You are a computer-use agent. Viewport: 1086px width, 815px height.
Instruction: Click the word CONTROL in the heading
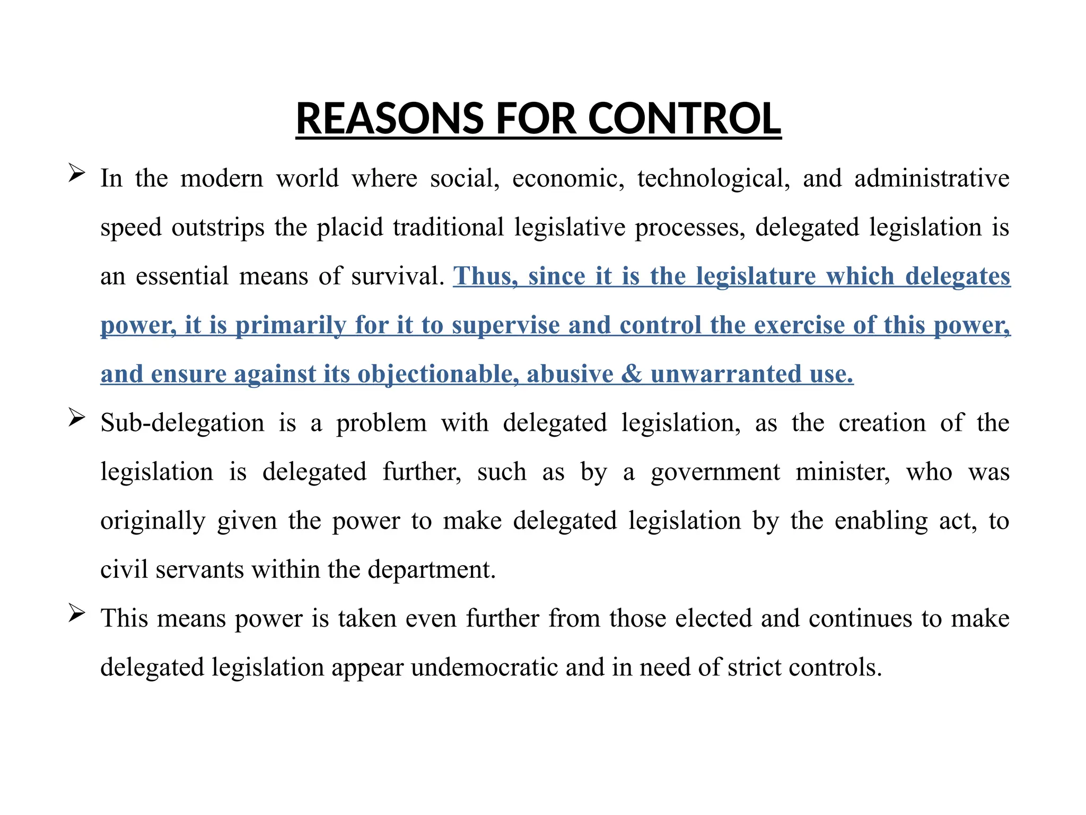[x=684, y=118]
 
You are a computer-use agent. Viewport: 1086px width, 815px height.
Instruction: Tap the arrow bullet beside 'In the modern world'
[x=77, y=174]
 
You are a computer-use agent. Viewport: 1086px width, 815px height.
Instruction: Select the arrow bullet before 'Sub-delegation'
[x=77, y=418]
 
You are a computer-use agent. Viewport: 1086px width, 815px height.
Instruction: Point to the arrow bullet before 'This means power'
[x=77, y=614]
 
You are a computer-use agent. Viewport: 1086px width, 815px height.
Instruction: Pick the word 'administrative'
[x=932, y=178]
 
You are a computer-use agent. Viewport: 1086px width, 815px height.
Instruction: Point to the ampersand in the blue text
[x=631, y=374]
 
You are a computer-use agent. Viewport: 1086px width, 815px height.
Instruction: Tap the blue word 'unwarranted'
[x=726, y=374]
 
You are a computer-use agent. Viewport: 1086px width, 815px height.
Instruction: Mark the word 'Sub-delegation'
[x=182, y=423]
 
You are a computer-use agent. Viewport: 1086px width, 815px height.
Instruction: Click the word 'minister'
[x=843, y=472]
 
